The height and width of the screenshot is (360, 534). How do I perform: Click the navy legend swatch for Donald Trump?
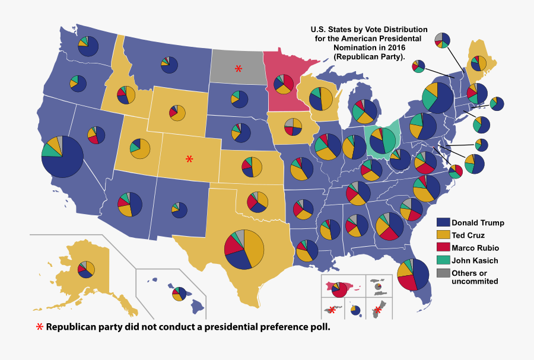click(x=443, y=222)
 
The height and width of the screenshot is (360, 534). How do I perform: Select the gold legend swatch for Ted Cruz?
click(x=443, y=235)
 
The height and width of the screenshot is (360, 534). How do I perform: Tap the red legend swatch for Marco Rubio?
click(x=443, y=247)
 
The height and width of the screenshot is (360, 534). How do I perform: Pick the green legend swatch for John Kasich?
click(x=443, y=260)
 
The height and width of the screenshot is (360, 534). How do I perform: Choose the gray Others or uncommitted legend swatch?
click(x=443, y=273)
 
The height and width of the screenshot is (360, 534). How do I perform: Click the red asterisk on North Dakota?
click(x=239, y=68)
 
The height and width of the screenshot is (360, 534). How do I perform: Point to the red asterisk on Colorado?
click(x=189, y=159)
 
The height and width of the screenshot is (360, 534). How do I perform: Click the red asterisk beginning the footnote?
click(x=39, y=327)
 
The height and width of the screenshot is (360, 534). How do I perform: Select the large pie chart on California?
click(x=62, y=157)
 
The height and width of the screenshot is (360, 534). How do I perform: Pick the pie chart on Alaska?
click(x=86, y=269)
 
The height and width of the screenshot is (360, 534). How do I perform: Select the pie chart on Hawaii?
click(x=179, y=293)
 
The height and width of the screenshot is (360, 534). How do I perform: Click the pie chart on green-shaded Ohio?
click(x=383, y=141)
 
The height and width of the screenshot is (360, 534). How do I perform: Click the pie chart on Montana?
click(x=169, y=65)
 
